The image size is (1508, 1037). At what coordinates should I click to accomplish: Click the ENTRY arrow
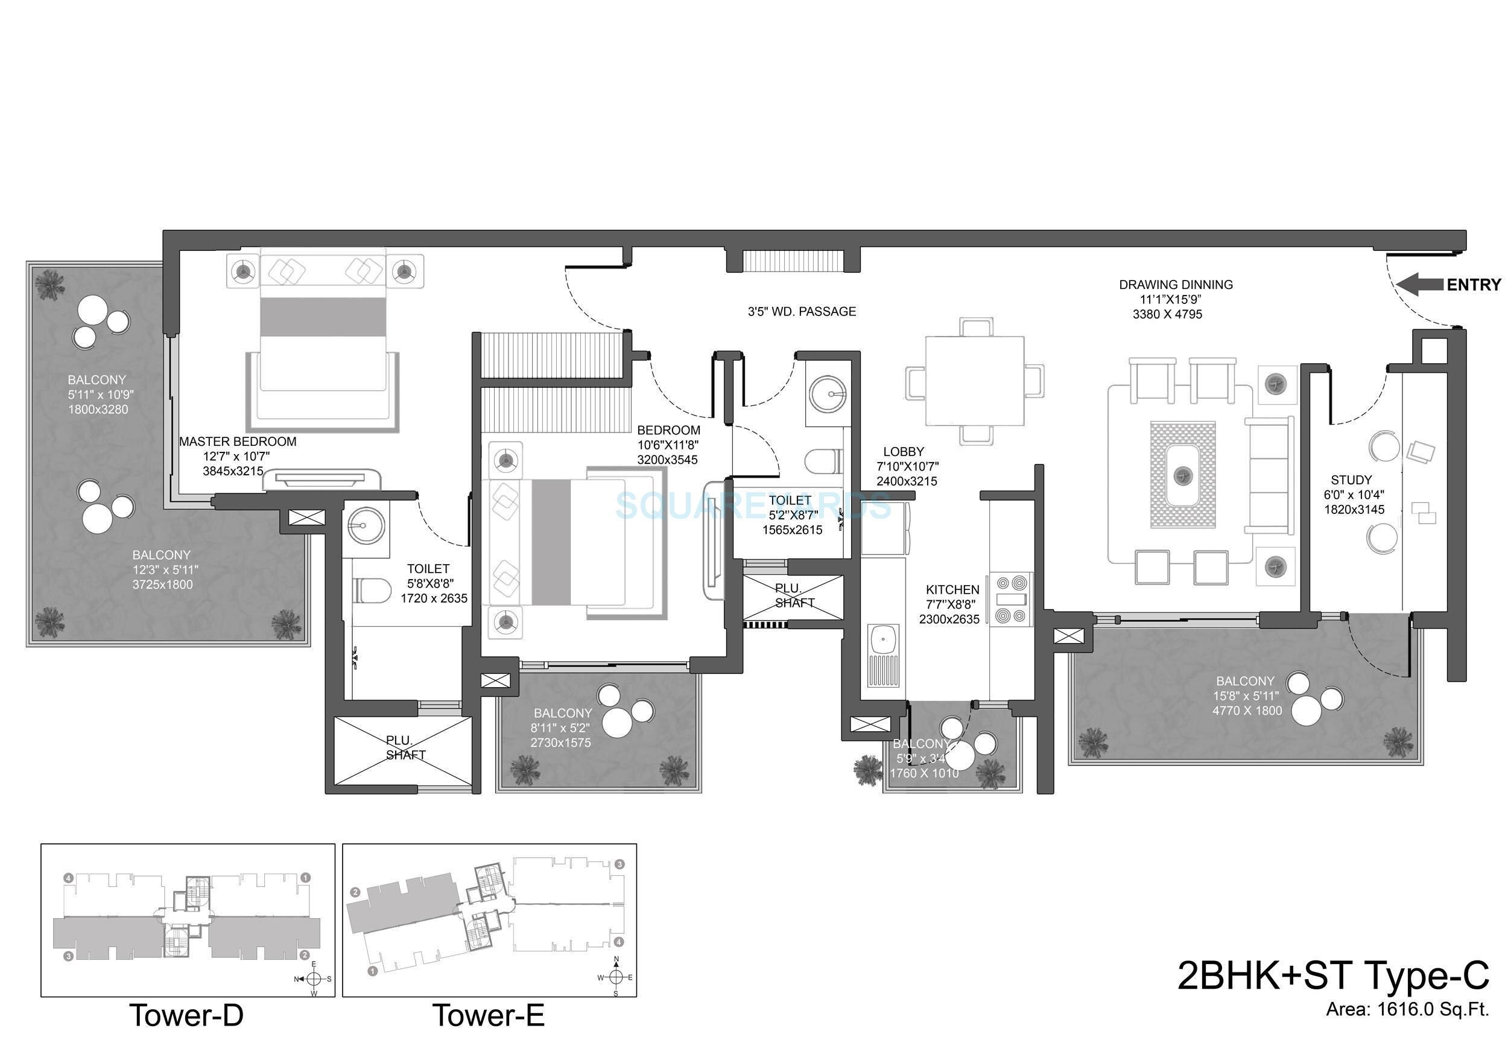pos(1420,285)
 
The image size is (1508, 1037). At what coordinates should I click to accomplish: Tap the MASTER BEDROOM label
pos(238,442)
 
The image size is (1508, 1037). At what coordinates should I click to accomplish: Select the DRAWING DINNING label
pos(1176,285)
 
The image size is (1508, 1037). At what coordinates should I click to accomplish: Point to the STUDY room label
pos(1351,480)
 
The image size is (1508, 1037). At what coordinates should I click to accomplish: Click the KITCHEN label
pos(952,590)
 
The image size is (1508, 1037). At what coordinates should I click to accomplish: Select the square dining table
pos(975,381)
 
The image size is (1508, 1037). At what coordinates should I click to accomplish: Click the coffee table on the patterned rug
pos(1182,474)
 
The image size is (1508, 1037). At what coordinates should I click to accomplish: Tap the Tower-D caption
pos(187,1015)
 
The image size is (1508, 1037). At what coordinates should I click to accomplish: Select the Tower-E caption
pos(489,1015)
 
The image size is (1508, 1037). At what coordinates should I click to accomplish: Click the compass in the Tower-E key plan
pos(616,977)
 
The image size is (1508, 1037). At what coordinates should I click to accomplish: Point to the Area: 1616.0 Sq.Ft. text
pos(1407,1027)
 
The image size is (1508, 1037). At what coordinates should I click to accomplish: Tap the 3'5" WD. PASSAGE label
pos(802,312)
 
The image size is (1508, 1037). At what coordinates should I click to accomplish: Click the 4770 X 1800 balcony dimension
pos(1247,711)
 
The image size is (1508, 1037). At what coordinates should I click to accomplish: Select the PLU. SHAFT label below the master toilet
pos(405,748)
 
